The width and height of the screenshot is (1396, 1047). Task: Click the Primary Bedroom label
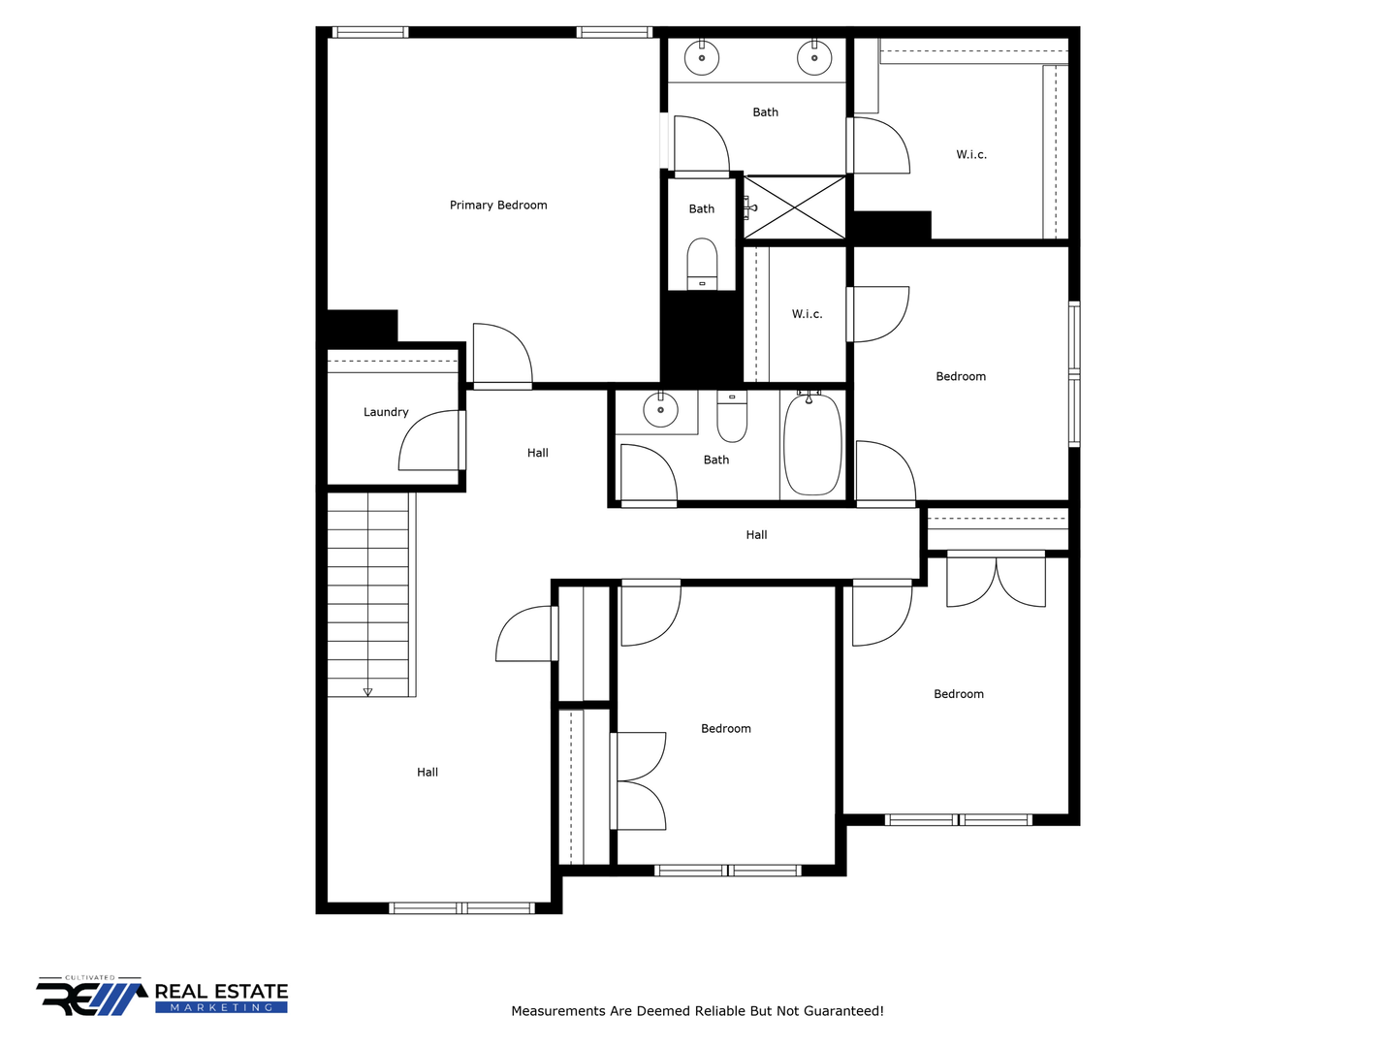coord(498,206)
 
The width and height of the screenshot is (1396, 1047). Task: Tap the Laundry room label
coord(386,412)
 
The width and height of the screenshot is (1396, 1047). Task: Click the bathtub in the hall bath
coord(812,444)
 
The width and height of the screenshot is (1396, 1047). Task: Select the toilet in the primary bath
coord(702,264)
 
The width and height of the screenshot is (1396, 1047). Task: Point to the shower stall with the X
coord(794,207)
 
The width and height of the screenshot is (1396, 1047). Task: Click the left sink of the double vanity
coord(702,58)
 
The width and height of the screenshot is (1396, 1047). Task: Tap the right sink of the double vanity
coord(814,58)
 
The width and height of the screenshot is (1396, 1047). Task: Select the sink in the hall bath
coord(660,410)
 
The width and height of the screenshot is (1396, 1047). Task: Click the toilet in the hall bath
coord(732,417)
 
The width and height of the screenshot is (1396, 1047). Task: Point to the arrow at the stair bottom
coord(367,692)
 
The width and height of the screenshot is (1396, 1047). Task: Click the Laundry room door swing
coord(429,440)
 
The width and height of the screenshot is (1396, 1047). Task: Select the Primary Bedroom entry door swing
coord(502,354)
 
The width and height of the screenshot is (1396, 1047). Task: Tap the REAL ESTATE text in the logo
coord(221,991)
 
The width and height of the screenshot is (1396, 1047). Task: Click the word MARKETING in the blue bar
coord(221,1007)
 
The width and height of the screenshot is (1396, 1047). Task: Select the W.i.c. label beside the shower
coord(808,314)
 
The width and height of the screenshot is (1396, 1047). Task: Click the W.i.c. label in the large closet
coord(971,154)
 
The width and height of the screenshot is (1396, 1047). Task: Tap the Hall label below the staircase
coord(428,773)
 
